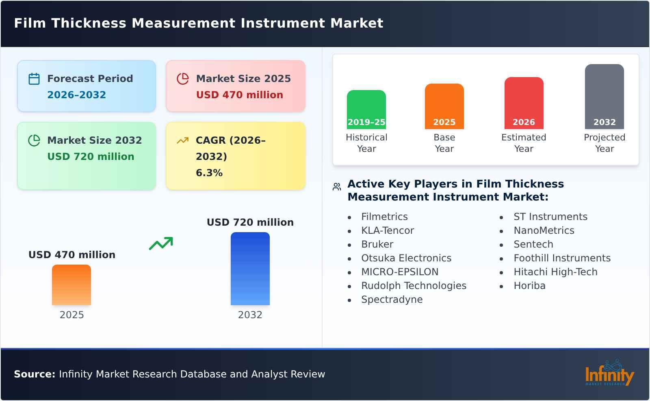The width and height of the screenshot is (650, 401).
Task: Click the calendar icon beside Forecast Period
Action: pyautogui.click(x=34, y=79)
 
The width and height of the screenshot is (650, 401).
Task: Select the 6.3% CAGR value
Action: pyautogui.click(x=209, y=172)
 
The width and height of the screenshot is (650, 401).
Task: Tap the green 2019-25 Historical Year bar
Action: pyautogui.click(x=366, y=110)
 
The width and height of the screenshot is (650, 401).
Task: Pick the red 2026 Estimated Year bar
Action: pyautogui.click(x=524, y=103)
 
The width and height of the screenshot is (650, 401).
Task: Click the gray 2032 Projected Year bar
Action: pyautogui.click(x=604, y=97)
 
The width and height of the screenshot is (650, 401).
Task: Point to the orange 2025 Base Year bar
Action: pyautogui.click(x=444, y=106)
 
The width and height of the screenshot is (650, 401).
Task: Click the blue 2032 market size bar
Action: pyautogui.click(x=250, y=269)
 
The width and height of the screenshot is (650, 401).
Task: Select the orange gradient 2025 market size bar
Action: pyautogui.click(x=71, y=285)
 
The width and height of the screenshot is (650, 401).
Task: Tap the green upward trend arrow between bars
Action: pyautogui.click(x=161, y=243)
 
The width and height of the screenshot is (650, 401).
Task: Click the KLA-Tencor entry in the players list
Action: pyautogui.click(x=387, y=231)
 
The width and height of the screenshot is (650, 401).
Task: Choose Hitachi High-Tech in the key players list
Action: pyautogui.click(x=555, y=272)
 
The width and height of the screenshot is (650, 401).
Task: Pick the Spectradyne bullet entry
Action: pyautogui.click(x=392, y=300)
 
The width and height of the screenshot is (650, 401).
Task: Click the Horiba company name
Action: pyautogui.click(x=529, y=286)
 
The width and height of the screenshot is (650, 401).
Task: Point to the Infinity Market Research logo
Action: pyautogui.click(x=609, y=374)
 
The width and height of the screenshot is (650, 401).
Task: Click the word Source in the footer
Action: pyautogui.click(x=34, y=374)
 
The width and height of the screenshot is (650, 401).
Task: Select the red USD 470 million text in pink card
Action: pyautogui.click(x=239, y=95)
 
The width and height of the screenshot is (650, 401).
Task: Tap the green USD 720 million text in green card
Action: pyautogui.click(x=91, y=157)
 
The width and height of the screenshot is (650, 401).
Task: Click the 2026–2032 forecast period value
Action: pyautogui.click(x=76, y=95)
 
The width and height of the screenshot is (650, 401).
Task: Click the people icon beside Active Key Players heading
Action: pyautogui.click(x=337, y=187)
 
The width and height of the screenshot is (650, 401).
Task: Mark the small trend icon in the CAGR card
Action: pyautogui.click(x=182, y=140)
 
